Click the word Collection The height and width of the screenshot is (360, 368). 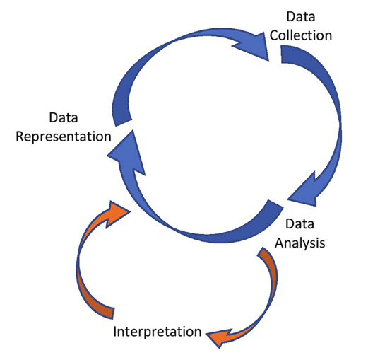(x=301, y=35)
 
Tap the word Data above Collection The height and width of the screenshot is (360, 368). (x=301, y=16)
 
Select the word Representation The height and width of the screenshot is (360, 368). (x=64, y=137)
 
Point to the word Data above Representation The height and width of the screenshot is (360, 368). (x=64, y=117)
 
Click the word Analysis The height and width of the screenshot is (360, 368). (x=300, y=243)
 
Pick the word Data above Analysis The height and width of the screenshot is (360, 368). (x=299, y=223)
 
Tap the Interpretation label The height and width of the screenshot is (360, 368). (x=158, y=332)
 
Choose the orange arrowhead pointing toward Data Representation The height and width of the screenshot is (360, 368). (x=116, y=213)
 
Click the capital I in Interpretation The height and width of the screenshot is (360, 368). (x=115, y=331)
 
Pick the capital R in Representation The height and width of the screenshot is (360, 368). (x=20, y=137)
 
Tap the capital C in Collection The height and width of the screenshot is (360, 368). (x=275, y=35)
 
